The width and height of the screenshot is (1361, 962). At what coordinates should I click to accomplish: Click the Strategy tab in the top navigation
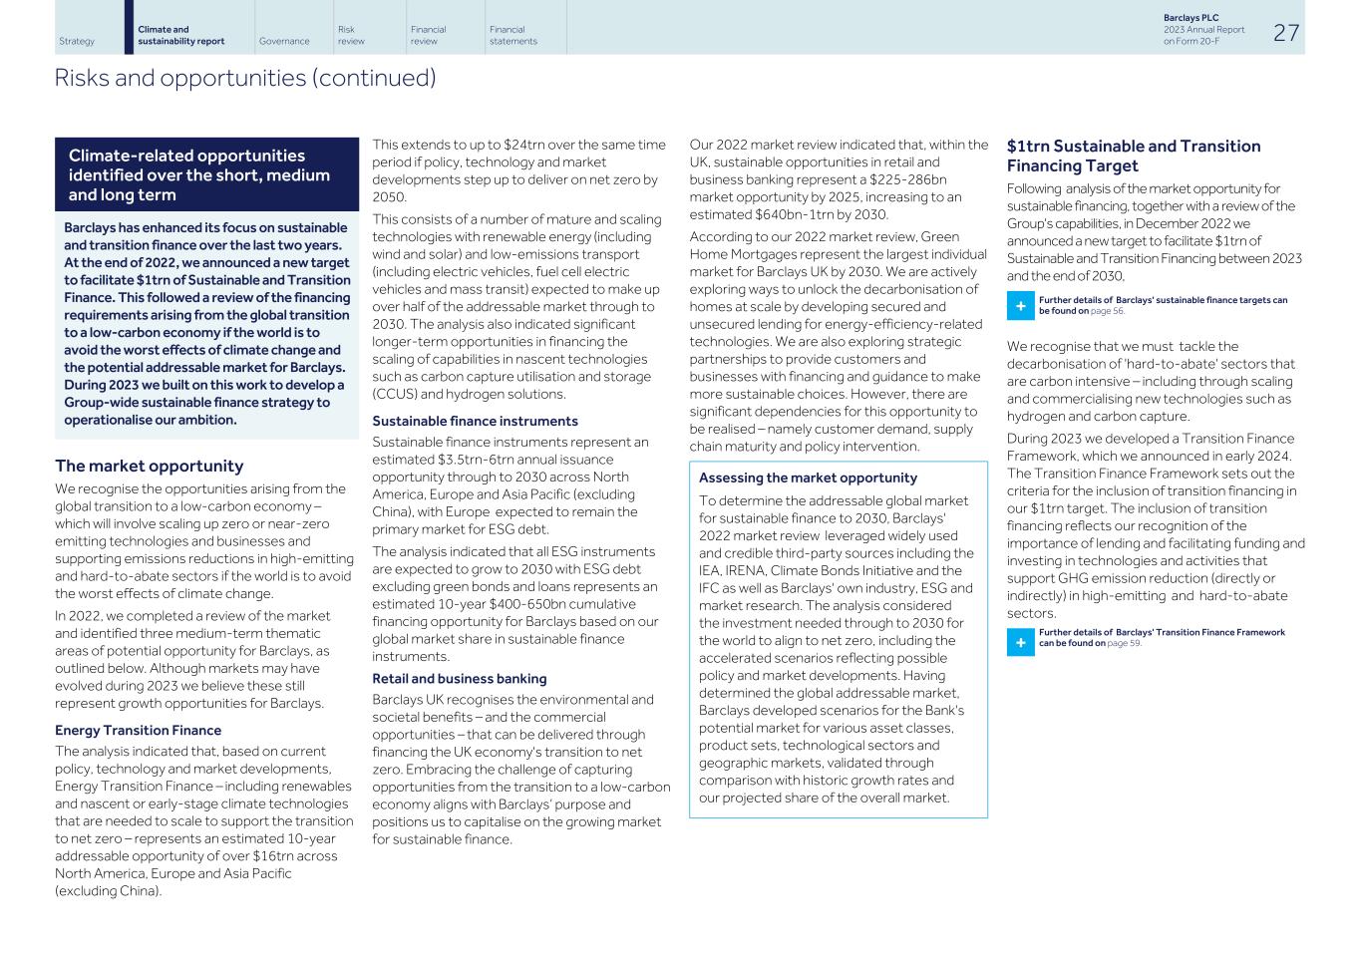(x=77, y=41)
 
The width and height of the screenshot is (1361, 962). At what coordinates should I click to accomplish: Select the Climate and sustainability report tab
(x=180, y=35)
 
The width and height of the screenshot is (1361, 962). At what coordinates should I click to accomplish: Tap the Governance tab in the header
(x=284, y=41)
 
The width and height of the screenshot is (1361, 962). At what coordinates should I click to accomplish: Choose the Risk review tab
(x=351, y=35)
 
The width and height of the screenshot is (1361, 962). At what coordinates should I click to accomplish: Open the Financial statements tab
(x=512, y=35)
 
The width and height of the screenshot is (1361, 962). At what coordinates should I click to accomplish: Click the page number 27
(x=1286, y=32)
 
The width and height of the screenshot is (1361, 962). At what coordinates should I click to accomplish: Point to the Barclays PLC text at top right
(x=1191, y=18)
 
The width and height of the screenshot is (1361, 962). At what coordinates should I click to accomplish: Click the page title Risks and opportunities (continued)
(x=245, y=78)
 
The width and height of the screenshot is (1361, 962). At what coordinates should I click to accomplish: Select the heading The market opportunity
(x=149, y=466)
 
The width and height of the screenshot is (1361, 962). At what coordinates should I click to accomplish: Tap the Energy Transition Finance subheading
(x=138, y=730)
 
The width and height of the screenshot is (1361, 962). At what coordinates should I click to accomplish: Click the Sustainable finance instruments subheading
(x=475, y=421)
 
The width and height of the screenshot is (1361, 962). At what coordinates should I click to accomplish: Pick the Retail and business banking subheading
(x=460, y=678)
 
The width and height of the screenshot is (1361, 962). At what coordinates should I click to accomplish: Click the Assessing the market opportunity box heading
(x=808, y=478)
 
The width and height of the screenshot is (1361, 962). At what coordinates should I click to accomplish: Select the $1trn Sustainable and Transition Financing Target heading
(x=1134, y=156)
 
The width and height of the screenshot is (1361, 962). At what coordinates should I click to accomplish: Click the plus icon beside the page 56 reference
(x=1020, y=305)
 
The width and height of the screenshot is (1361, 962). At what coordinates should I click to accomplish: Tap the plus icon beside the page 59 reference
(x=1020, y=642)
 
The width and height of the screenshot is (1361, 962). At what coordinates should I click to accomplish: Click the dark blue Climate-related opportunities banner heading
(x=199, y=174)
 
